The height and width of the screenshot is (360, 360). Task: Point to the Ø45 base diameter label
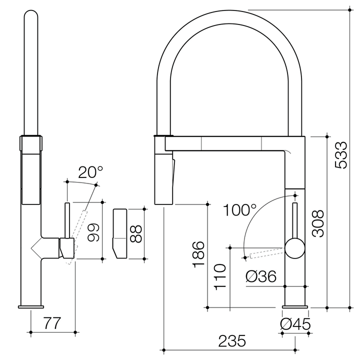click(295, 324)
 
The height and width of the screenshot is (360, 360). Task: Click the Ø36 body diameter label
click(261, 276)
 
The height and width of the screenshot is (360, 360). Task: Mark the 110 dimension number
click(220, 276)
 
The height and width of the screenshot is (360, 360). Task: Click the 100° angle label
click(239, 210)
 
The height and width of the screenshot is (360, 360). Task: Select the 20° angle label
click(90, 172)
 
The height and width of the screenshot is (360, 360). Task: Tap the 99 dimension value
click(93, 231)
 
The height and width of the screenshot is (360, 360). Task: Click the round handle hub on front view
click(295, 248)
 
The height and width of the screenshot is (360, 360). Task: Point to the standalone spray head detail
click(120, 233)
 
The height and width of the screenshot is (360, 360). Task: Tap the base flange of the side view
click(31, 306)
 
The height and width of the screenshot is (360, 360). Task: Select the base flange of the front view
click(296, 306)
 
